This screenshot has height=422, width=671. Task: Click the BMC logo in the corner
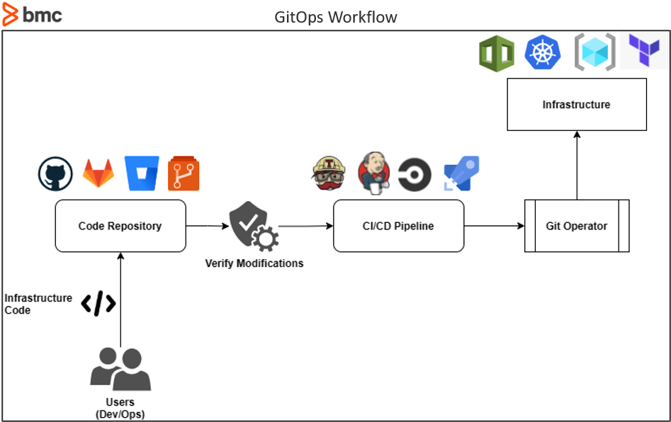tap(33, 14)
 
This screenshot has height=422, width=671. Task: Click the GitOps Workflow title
tap(336, 17)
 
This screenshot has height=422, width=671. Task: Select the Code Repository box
tap(120, 226)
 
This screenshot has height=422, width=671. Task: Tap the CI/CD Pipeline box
tap(398, 226)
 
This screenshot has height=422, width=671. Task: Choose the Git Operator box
tap(576, 226)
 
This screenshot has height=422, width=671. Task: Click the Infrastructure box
tap(576, 105)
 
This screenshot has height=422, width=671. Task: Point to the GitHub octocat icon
tap(55, 174)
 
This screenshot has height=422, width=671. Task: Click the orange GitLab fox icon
tap(98, 173)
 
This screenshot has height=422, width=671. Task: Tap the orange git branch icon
tap(184, 174)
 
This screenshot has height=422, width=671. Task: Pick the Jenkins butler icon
tap(373, 173)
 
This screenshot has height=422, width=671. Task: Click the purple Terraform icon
tap(643, 51)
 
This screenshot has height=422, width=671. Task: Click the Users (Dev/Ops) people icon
tap(120, 370)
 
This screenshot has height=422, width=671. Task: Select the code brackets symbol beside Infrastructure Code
tap(98, 304)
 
